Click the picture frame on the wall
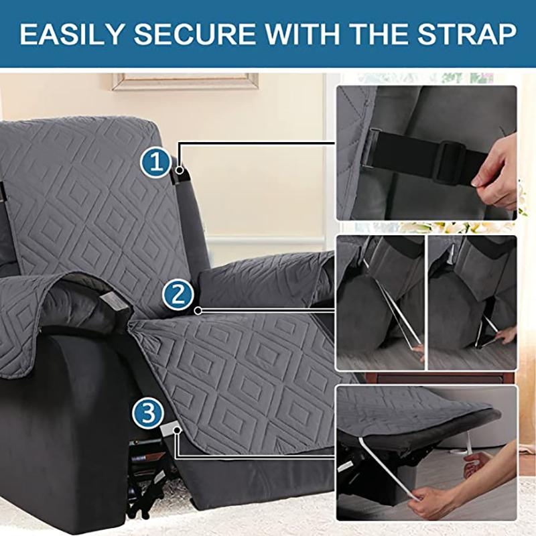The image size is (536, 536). [x=185, y=81]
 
